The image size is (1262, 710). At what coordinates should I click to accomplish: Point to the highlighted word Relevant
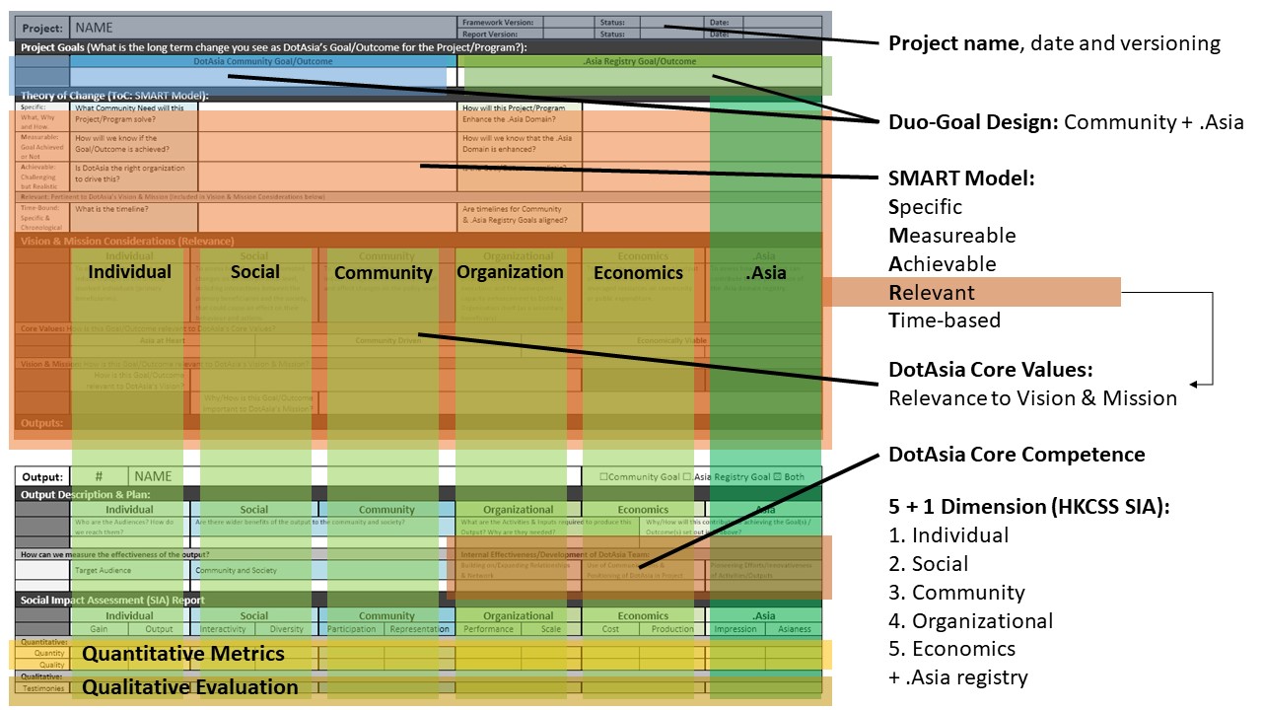(932, 292)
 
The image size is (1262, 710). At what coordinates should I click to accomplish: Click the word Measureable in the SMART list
(952, 236)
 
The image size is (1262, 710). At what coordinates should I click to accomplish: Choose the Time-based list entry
(945, 319)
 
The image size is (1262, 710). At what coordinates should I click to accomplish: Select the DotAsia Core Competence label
(1017, 455)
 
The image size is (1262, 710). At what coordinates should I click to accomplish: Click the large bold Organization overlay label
(511, 272)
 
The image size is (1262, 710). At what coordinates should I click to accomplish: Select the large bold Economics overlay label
(638, 273)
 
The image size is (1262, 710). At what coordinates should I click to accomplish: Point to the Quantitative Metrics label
(183, 654)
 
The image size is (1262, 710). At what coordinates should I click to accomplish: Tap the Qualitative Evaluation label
(190, 687)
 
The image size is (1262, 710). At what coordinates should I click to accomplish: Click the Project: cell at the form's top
(42, 28)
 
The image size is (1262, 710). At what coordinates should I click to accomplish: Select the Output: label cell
(42, 476)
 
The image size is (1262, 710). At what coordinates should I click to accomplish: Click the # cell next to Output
(99, 476)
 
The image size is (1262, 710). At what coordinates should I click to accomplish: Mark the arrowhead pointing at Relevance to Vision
(1195, 385)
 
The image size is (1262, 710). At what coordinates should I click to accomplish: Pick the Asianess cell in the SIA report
(794, 629)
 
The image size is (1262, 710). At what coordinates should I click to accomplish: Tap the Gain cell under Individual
(100, 629)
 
